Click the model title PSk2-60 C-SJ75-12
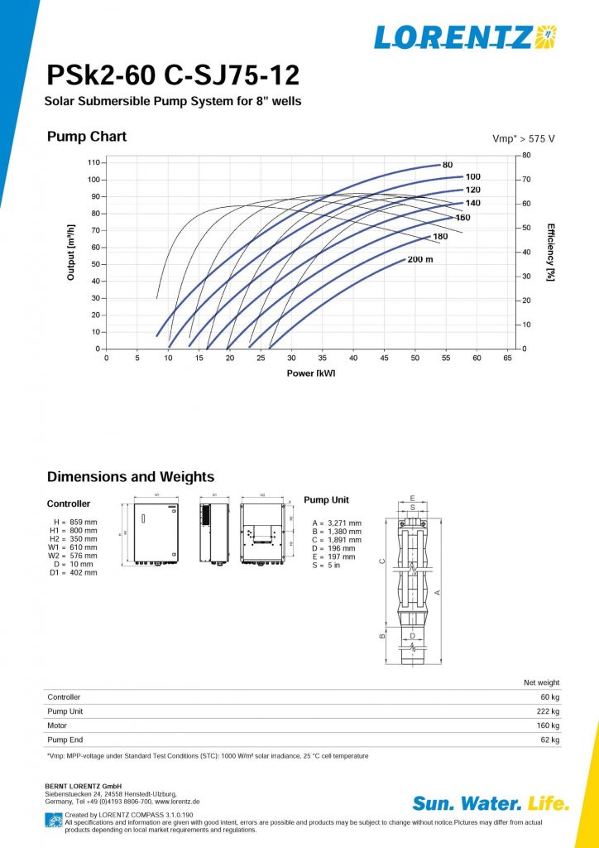(173, 77)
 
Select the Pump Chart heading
(87, 137)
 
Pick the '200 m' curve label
(420, 259)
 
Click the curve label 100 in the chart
(472, 176)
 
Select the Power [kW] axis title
(311, 373)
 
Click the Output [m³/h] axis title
(71, 251)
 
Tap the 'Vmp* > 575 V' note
(523, 138)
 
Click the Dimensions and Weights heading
(131, 477)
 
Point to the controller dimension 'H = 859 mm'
(74, 523)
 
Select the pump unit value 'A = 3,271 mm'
(336, 523)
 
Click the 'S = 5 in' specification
(326, 565)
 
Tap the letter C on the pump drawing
(381, 561)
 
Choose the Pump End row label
(65, 740)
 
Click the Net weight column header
(542, 682)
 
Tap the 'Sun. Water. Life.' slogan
(491, 803)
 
